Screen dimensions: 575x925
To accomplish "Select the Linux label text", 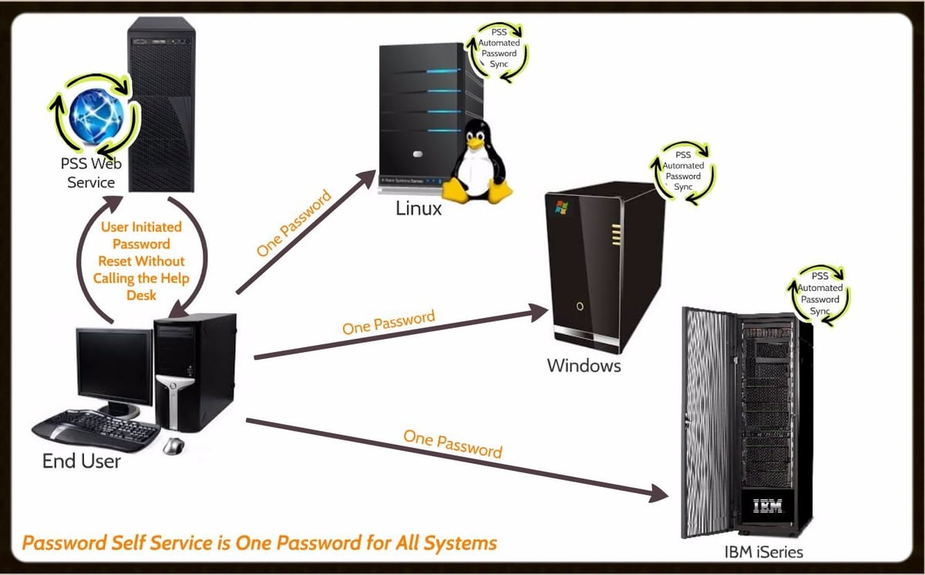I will click(419, 208).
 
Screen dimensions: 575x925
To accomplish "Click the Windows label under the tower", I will click(584, 365).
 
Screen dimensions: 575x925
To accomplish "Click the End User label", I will click(81, 461).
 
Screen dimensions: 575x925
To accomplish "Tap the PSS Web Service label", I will click(91, 173).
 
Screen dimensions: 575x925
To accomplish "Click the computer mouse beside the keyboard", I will click(173, 445).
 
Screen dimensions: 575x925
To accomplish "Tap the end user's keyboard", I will click(96, 431).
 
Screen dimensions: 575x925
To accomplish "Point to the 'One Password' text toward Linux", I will click(294, 224).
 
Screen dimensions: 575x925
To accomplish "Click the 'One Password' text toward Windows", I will click(388, 321).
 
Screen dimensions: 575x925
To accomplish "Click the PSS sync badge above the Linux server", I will click(499, 49).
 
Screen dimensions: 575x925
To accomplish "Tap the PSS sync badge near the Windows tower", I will click(684, 171).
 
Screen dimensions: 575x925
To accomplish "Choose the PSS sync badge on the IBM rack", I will click(819, 293).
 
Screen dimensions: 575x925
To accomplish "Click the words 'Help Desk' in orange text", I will click(141, 286).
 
